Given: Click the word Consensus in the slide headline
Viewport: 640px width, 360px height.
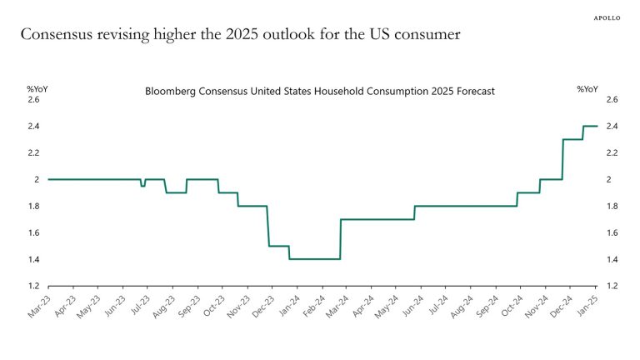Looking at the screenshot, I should (x=59, y=35).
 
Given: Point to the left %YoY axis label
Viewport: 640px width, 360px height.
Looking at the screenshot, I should (x=37, y=88).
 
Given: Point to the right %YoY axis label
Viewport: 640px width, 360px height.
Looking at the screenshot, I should (x=587, y=88).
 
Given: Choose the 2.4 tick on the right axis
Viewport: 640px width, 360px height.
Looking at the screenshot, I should (x=612, y=127).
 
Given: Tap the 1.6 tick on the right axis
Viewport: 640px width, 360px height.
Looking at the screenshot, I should (x=612, y=233).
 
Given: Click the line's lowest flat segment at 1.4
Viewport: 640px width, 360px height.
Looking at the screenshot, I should (x=314, y=259).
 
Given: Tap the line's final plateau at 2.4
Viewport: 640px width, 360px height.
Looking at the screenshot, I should (x=591, y=126).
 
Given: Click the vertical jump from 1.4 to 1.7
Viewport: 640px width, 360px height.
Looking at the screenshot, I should (x=341, y=239).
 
